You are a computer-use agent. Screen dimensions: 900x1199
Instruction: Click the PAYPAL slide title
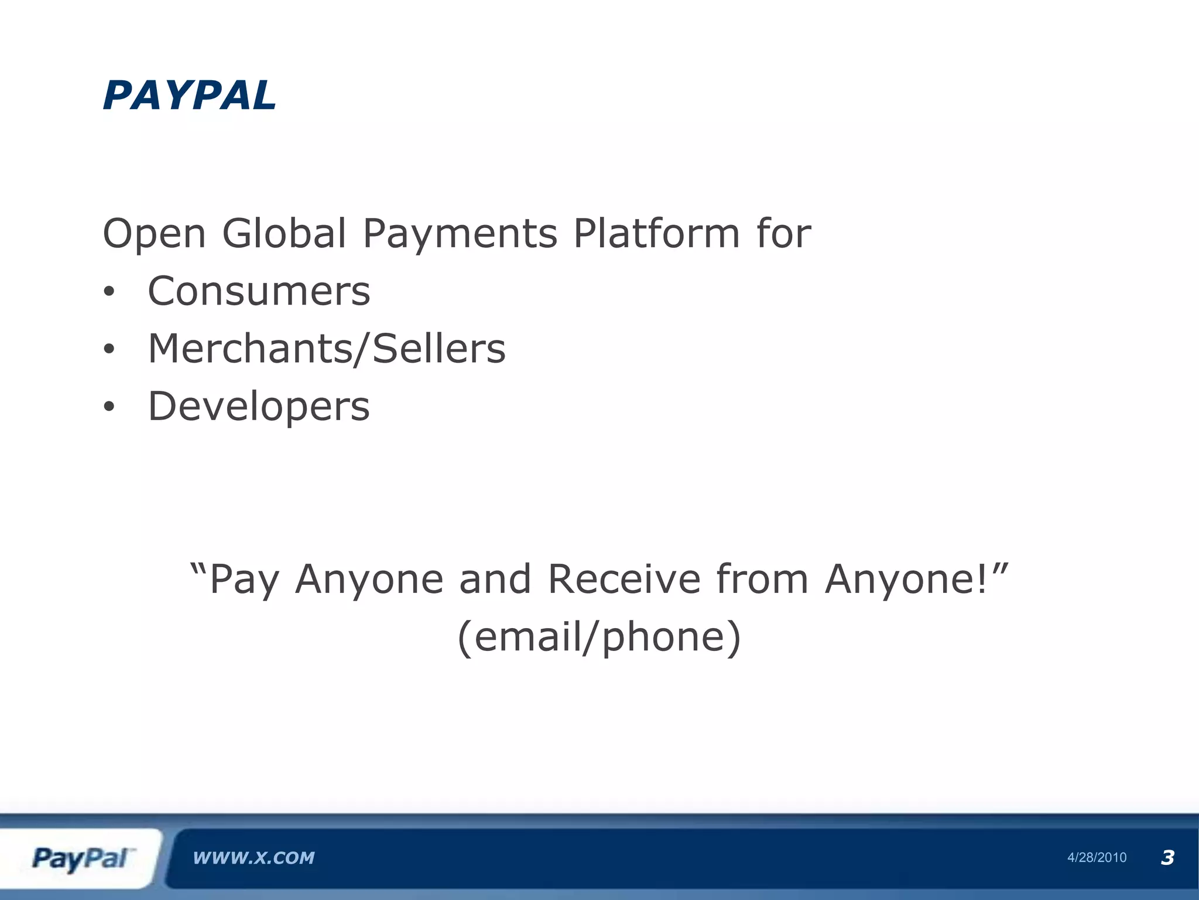tap(189, 96)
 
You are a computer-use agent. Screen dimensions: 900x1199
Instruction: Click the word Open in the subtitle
tap(154, 234)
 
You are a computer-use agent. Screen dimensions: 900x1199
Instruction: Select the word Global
tap(284, 234)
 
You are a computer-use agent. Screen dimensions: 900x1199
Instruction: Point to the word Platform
tap(656, 234)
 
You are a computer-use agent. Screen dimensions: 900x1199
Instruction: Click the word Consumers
tap(259, 291)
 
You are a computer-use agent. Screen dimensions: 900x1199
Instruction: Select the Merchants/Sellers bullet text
tap(327, 349)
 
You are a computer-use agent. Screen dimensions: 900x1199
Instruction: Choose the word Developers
tap(259, 407)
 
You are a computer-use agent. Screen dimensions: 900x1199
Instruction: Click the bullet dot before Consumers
tap(109, 292)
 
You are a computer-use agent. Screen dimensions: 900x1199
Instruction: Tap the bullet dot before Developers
tap(109, 407)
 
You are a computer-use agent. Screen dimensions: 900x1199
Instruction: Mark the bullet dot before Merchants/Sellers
tap(109, 350)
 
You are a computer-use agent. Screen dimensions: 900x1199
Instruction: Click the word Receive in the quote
tap(624, 579)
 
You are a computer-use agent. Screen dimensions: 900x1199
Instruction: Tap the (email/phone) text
tap(599, 637)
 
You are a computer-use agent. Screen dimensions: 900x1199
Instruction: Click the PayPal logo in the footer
tap(83, 859)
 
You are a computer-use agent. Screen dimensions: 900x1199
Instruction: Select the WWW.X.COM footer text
tap(253, 858)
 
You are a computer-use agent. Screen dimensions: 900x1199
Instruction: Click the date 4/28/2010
tap(1097, 858)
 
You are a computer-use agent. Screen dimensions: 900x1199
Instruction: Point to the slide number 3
tap(1167, 858)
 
